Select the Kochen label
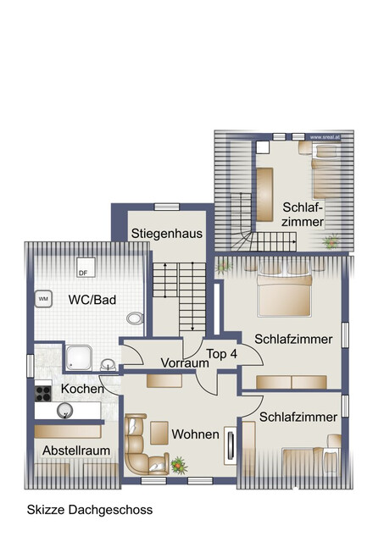(82, 389)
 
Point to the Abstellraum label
(77, 450)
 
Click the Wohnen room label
(196, 434)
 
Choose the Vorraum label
(186, 362)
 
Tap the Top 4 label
(222, 353)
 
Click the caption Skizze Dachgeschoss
(90, 510)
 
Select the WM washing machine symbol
(43, 299)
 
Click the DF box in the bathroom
(83, 272)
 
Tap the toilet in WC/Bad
(134, 318)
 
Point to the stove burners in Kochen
(44, 392)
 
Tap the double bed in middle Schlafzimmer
(284, 295)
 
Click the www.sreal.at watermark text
(326, 135)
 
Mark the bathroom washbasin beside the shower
(107, 365)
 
